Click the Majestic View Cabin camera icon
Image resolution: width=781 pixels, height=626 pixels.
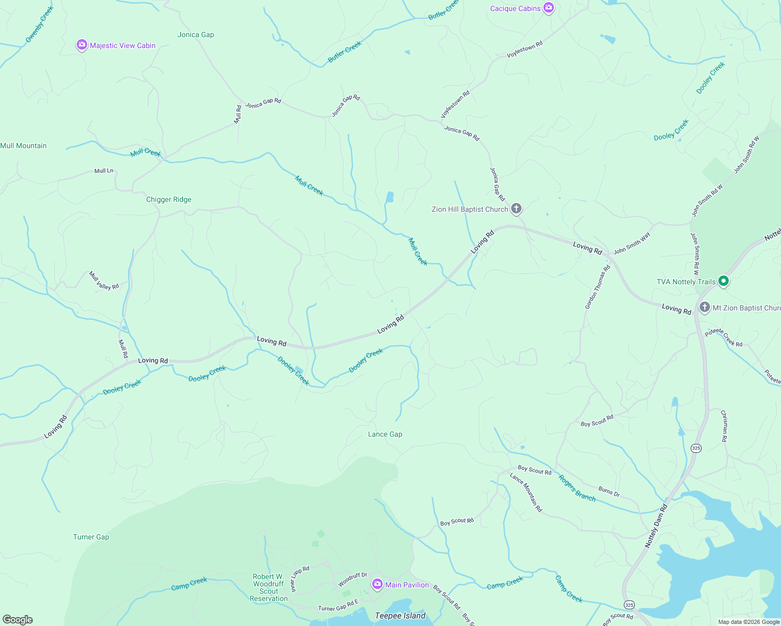(81, 45)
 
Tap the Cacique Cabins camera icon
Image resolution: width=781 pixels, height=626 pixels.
(548, 8)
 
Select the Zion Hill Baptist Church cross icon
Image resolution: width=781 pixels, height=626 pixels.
(516, 209)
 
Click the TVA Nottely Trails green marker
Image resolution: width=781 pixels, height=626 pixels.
(723, 282)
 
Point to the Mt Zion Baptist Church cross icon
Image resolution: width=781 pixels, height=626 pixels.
(704, 307)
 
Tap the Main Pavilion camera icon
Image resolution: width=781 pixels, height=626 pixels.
(377, 585)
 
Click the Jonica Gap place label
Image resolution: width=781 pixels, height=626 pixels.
(196, 35)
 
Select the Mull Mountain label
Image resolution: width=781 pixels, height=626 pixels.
(23, 146)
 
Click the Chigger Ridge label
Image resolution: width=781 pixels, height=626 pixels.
(169, 200)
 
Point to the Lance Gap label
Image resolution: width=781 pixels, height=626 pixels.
(385, 435)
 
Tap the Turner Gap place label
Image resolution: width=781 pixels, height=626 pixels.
(91, 537)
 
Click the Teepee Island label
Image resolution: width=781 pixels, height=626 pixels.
(400, 616)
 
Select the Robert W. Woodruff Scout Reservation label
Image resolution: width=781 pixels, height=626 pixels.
(269, 588)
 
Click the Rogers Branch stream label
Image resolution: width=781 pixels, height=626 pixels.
(577, 488)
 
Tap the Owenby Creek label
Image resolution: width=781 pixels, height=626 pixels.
(40, 25)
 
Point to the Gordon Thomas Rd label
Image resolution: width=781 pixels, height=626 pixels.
(598, 287)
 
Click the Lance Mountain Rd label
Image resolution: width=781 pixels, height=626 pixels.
(526, 492)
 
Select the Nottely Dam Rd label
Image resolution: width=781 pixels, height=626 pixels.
(656, 525)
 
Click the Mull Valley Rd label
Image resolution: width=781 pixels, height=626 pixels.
(104, 281)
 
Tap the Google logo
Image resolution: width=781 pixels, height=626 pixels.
(18, 620)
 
